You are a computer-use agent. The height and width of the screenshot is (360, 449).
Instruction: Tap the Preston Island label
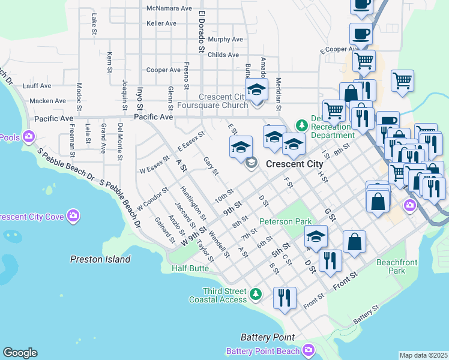click(100, 260)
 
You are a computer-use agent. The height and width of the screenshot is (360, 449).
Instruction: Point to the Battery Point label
click(267, 337)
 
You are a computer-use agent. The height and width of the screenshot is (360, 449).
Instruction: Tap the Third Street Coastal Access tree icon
click(256, 294)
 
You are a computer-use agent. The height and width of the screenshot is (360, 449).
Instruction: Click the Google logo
click(20, 353)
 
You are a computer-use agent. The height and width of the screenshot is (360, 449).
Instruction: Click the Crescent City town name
click(294, 164)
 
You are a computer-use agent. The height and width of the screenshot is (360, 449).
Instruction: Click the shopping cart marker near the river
click(402, 80)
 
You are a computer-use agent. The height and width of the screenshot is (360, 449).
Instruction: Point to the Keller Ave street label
click(161, 23)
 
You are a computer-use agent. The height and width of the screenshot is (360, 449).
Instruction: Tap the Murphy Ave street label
click(226, 40)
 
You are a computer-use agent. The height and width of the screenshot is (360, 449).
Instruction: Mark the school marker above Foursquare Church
click(256, 90)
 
